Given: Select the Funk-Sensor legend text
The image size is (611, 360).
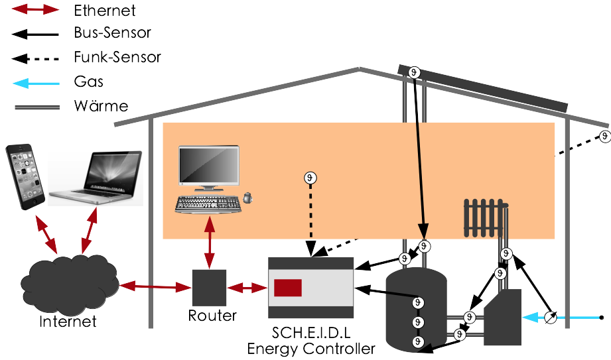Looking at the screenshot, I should click(x=118, y=57).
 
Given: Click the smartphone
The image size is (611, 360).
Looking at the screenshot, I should click(x=25, y=177).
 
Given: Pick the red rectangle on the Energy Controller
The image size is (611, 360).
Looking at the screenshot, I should click(x=288, y=288).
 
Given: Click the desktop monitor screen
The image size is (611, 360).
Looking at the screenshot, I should click(x=209, y=165).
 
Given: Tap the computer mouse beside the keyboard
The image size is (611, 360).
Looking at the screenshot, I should click(x=247, y=197).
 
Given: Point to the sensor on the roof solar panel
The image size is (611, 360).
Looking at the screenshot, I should click(x=414, y=72).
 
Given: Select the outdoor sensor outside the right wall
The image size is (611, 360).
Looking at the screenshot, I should click(x=604, y=136).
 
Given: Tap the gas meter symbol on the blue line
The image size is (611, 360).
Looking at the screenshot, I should click(x=549, y=318).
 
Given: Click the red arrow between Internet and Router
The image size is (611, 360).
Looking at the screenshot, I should click(x=153, y=287).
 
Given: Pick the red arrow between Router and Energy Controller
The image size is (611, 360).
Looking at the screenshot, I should click(x=247, y=287).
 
